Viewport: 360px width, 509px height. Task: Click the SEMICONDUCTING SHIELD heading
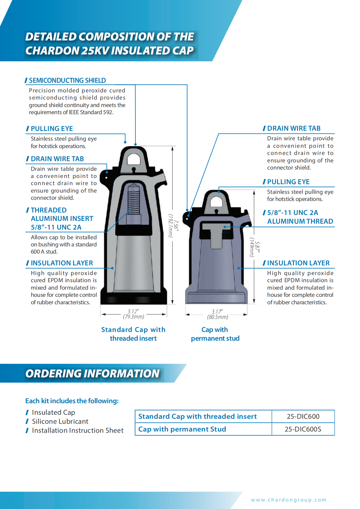pos(67,81)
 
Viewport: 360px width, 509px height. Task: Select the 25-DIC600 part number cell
pos(303,416)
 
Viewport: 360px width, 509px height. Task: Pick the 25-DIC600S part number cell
pos(303,429)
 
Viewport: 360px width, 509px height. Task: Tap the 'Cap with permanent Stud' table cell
pos(182,429)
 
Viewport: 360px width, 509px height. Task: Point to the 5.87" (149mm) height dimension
pos(254,247)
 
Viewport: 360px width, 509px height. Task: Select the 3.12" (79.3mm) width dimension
pos(134,314)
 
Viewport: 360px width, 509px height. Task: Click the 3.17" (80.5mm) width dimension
pos(217,314)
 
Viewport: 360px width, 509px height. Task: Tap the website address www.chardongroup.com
pos(289,500)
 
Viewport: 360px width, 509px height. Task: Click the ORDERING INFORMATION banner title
pos(92,373)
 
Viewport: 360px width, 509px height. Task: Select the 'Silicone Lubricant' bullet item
pos(60,421)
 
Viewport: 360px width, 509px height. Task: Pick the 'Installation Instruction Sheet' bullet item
pos(78,430)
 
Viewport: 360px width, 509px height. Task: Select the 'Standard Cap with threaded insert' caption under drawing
pos(133,334)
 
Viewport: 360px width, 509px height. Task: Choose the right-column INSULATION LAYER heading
pos(298,263)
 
